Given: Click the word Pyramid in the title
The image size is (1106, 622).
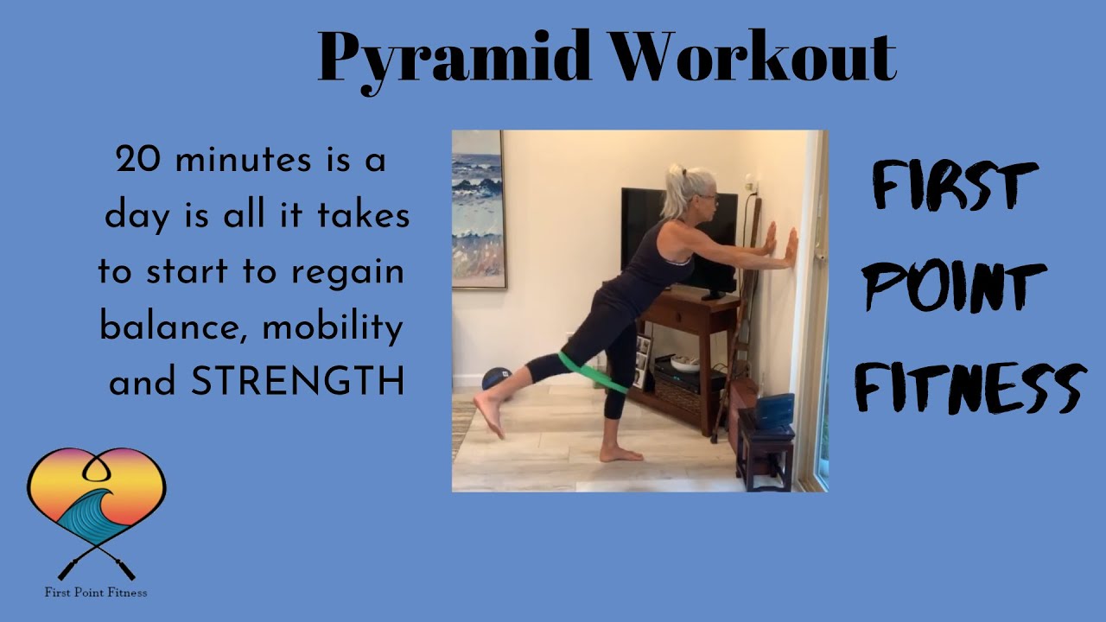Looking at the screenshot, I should point(455,59).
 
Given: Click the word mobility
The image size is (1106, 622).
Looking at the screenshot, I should point(333,329).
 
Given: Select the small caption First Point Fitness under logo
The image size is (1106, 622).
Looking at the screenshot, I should point(96,593).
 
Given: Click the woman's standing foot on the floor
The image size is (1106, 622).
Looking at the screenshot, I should point(620,454).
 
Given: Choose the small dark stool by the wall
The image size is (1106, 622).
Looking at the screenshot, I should point(765,445).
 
